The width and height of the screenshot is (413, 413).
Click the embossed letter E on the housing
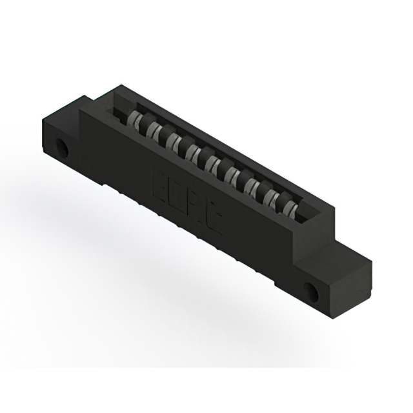pos(159,179)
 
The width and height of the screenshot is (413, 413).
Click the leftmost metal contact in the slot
pos(135,119)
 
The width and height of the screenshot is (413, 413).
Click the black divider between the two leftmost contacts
pos(144,124)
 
